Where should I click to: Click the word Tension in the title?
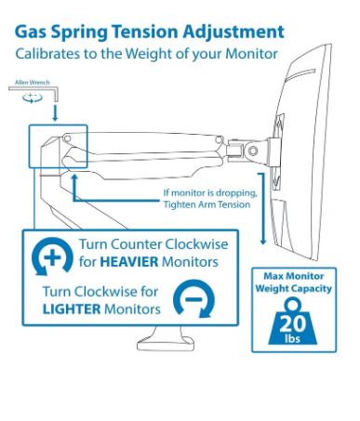145,32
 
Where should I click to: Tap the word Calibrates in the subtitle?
47,54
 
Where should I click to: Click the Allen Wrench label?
33,83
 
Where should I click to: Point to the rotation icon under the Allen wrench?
33,98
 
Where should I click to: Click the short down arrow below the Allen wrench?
55,112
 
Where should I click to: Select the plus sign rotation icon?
52,257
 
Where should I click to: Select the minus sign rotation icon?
193,298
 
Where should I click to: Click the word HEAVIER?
129,262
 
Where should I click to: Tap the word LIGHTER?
72,309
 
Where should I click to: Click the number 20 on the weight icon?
292,323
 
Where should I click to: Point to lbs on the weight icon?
292,338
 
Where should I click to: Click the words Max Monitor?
293,276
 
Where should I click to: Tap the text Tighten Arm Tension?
207,204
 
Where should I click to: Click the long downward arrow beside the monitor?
262,209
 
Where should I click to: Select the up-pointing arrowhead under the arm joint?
73,178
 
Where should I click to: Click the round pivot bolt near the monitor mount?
253,151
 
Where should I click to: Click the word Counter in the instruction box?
136,244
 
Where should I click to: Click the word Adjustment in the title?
233,33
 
